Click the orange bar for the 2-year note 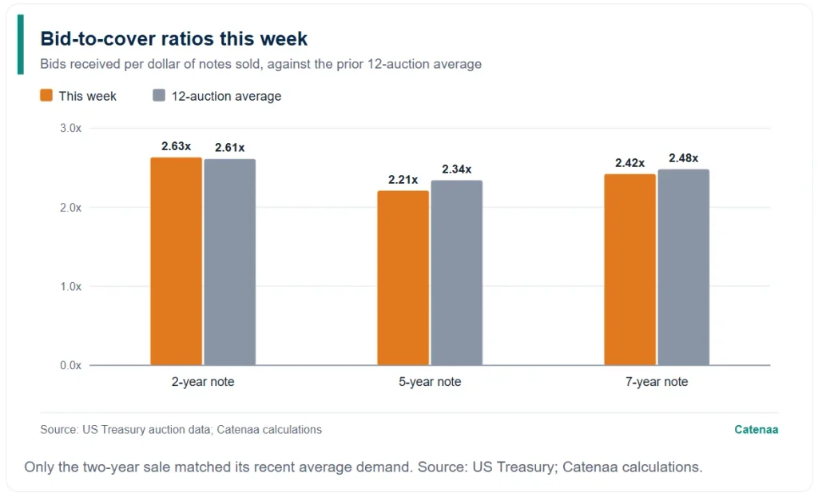click(x=177, y=261)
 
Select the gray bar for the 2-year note click(x=230, y=262)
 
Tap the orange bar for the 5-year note click(x=403, y=278)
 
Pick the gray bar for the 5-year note click(x=457, y=272)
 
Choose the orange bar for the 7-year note click(x=630, y=269)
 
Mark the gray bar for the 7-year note click(x=684, y=267)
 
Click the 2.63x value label click(x=177, y=146)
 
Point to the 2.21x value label click(x=403, y=180)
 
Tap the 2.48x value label click(x=684, y=157)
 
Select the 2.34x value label click(x=457, y=169)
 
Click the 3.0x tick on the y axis click(x=71, y=128)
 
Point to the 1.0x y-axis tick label click(x=71, y=286)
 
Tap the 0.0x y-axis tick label click(x=71, y=365)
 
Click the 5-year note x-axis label click(x=430, y=382)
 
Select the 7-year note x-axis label click(x=657, y=382)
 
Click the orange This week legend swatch click(x=46, y=95)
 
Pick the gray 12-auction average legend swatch click(x=159, y=95)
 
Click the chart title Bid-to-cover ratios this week click(x=173, y=38)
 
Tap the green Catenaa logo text click(x=756, y=430)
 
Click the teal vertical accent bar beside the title click(x=20, y=45)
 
